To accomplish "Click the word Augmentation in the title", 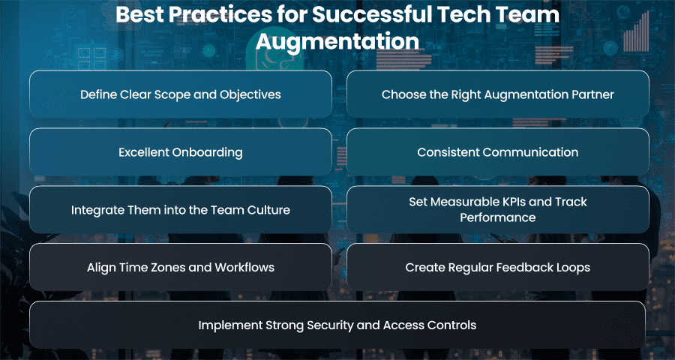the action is pyautogui.click(x=337, y=42).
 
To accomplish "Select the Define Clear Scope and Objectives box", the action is pyautogui.click(x=180, y=94).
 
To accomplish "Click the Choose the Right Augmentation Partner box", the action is pyautogui.click(x=498, y=94).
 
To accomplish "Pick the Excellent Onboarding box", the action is pyautogui.click(x=180, y=152).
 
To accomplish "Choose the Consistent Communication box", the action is pyautogui.click(x=498, y=152).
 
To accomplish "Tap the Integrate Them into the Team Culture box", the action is pyautogui.click(x=180, y=210).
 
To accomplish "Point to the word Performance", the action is pyautogui.click(x=498, y=217).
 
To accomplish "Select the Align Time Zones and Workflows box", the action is pyautogui.click(x=180, y=267).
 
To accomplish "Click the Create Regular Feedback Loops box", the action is pyautogui.click(x=498, y=267).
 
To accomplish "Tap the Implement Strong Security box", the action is pyautogui.click(x=337, y=325).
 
